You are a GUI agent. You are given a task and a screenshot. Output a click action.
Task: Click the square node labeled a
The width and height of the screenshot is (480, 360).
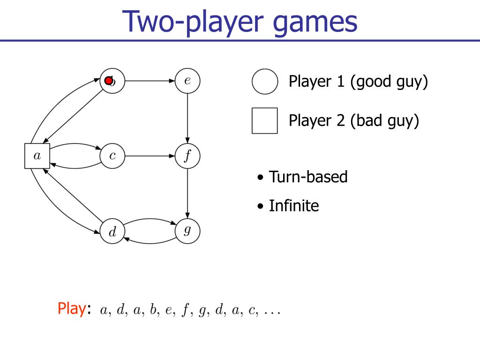(x=37, y=156)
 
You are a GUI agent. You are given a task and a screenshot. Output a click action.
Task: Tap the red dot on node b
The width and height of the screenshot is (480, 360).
(x=108, y=81)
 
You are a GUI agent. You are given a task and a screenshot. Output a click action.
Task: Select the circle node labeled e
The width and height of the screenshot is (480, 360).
(x=187, y=81)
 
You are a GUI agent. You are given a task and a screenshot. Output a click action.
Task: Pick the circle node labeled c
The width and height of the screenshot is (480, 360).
(x=112, y=156)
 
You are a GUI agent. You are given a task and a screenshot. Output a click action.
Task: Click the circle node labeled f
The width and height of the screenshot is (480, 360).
(x=187, y=156)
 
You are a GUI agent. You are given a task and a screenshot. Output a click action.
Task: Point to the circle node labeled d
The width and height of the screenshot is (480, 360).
(x=112, y=231)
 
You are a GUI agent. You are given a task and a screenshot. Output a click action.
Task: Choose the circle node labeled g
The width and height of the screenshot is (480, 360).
(x=187, y=231)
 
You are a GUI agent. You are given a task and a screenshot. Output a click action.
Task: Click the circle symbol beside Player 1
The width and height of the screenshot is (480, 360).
(x=265, y=82)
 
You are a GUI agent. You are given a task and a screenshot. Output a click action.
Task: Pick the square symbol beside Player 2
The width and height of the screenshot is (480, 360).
(x=264, y=121)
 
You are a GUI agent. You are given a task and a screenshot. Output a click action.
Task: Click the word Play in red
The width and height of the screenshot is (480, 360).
(x=70, y=308)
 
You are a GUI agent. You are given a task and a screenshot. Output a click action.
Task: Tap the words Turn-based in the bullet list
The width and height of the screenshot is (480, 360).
(x=308, y=177)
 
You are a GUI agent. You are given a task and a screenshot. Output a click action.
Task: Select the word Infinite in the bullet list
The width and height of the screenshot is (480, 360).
(x=293, y=206)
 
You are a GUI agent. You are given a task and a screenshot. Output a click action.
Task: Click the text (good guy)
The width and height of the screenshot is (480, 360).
(x=389, y=82)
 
